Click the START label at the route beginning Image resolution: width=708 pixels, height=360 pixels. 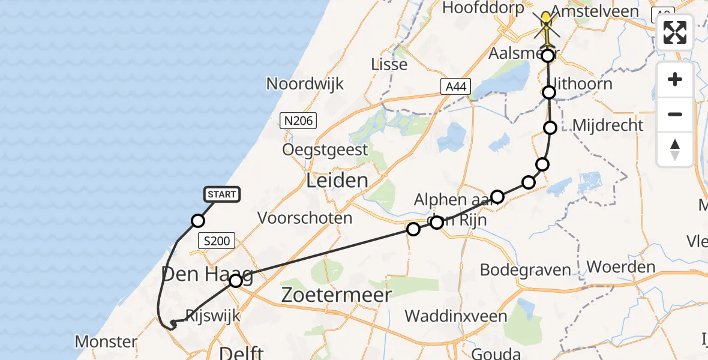tap(222, 194)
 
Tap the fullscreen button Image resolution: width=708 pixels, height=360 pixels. tap(675, 32)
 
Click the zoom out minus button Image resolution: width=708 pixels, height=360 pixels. tap(675, 114)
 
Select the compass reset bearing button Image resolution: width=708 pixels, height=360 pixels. tap(675, 149)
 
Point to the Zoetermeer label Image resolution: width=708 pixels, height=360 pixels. tap(337, 295)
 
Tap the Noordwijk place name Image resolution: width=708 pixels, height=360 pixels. tap(305, 83)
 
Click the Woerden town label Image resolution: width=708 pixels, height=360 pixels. tap(621, 266)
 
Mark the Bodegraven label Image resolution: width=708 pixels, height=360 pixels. tap(520, 269)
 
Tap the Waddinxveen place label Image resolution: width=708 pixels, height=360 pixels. tap(456, 316)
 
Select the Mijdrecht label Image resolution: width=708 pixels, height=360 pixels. tap(608, 125)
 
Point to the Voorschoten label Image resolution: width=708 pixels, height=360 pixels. tap(305, 218)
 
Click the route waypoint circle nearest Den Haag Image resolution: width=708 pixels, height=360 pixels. tap(236, 281)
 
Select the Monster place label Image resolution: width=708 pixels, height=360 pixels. tap(106, 342)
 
